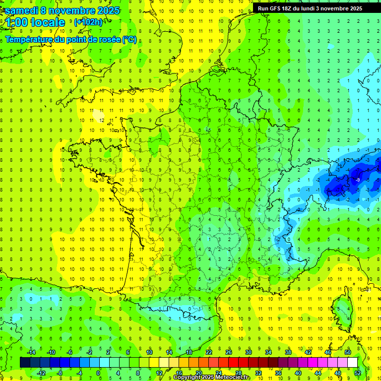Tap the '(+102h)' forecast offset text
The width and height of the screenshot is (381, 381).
[88, 22]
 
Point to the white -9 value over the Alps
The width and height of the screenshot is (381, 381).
[358, 179]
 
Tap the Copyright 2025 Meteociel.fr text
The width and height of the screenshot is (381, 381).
[211, 378]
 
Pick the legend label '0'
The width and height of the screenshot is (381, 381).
[98, 373]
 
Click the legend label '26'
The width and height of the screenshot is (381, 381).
[229, 352]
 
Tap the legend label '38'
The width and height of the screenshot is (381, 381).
[288, 352]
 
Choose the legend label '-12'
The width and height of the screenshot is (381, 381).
[41, 373]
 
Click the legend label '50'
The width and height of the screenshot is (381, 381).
[348, 352]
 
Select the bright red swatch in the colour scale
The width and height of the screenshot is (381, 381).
[233, 363]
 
